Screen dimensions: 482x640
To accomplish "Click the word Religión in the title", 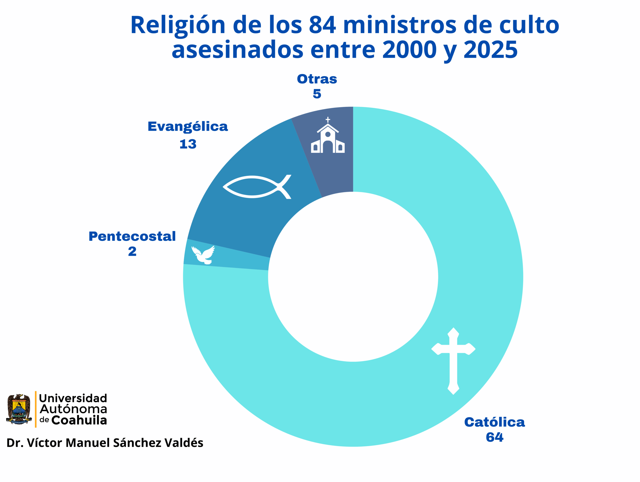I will (178, 25).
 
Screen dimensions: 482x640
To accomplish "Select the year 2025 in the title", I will (490, 50).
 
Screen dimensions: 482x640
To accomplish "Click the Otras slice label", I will (317, 79).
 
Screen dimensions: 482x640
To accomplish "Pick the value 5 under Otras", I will (317, 94).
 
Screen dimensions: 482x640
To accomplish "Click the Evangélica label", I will (188, 127).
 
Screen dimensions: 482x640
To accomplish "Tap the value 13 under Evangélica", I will (188, 144).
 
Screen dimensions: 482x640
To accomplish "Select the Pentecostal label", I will (132, 237).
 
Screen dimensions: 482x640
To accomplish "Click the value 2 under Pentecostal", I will (132, 252).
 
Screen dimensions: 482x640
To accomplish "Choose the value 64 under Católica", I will (494, 438).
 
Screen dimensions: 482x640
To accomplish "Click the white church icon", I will (327, 136).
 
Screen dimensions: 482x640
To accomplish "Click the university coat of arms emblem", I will (19, 409).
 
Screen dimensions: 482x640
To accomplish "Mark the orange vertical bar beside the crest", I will (35, 409).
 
